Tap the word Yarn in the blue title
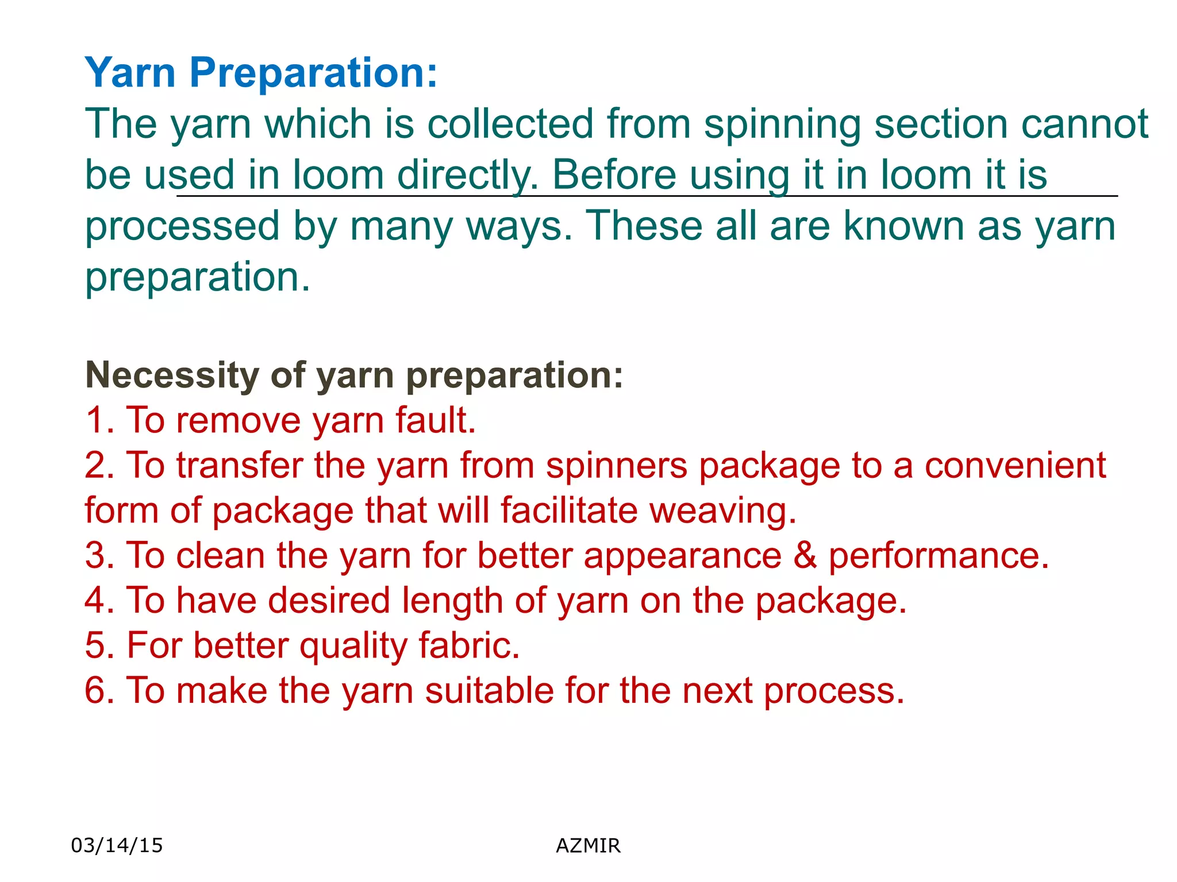point(130,73)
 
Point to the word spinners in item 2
point(616,466)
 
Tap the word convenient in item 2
point(1015,466)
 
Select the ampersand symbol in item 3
point(805,556)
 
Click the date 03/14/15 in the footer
point(117,845)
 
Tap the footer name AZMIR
point(588,846)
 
